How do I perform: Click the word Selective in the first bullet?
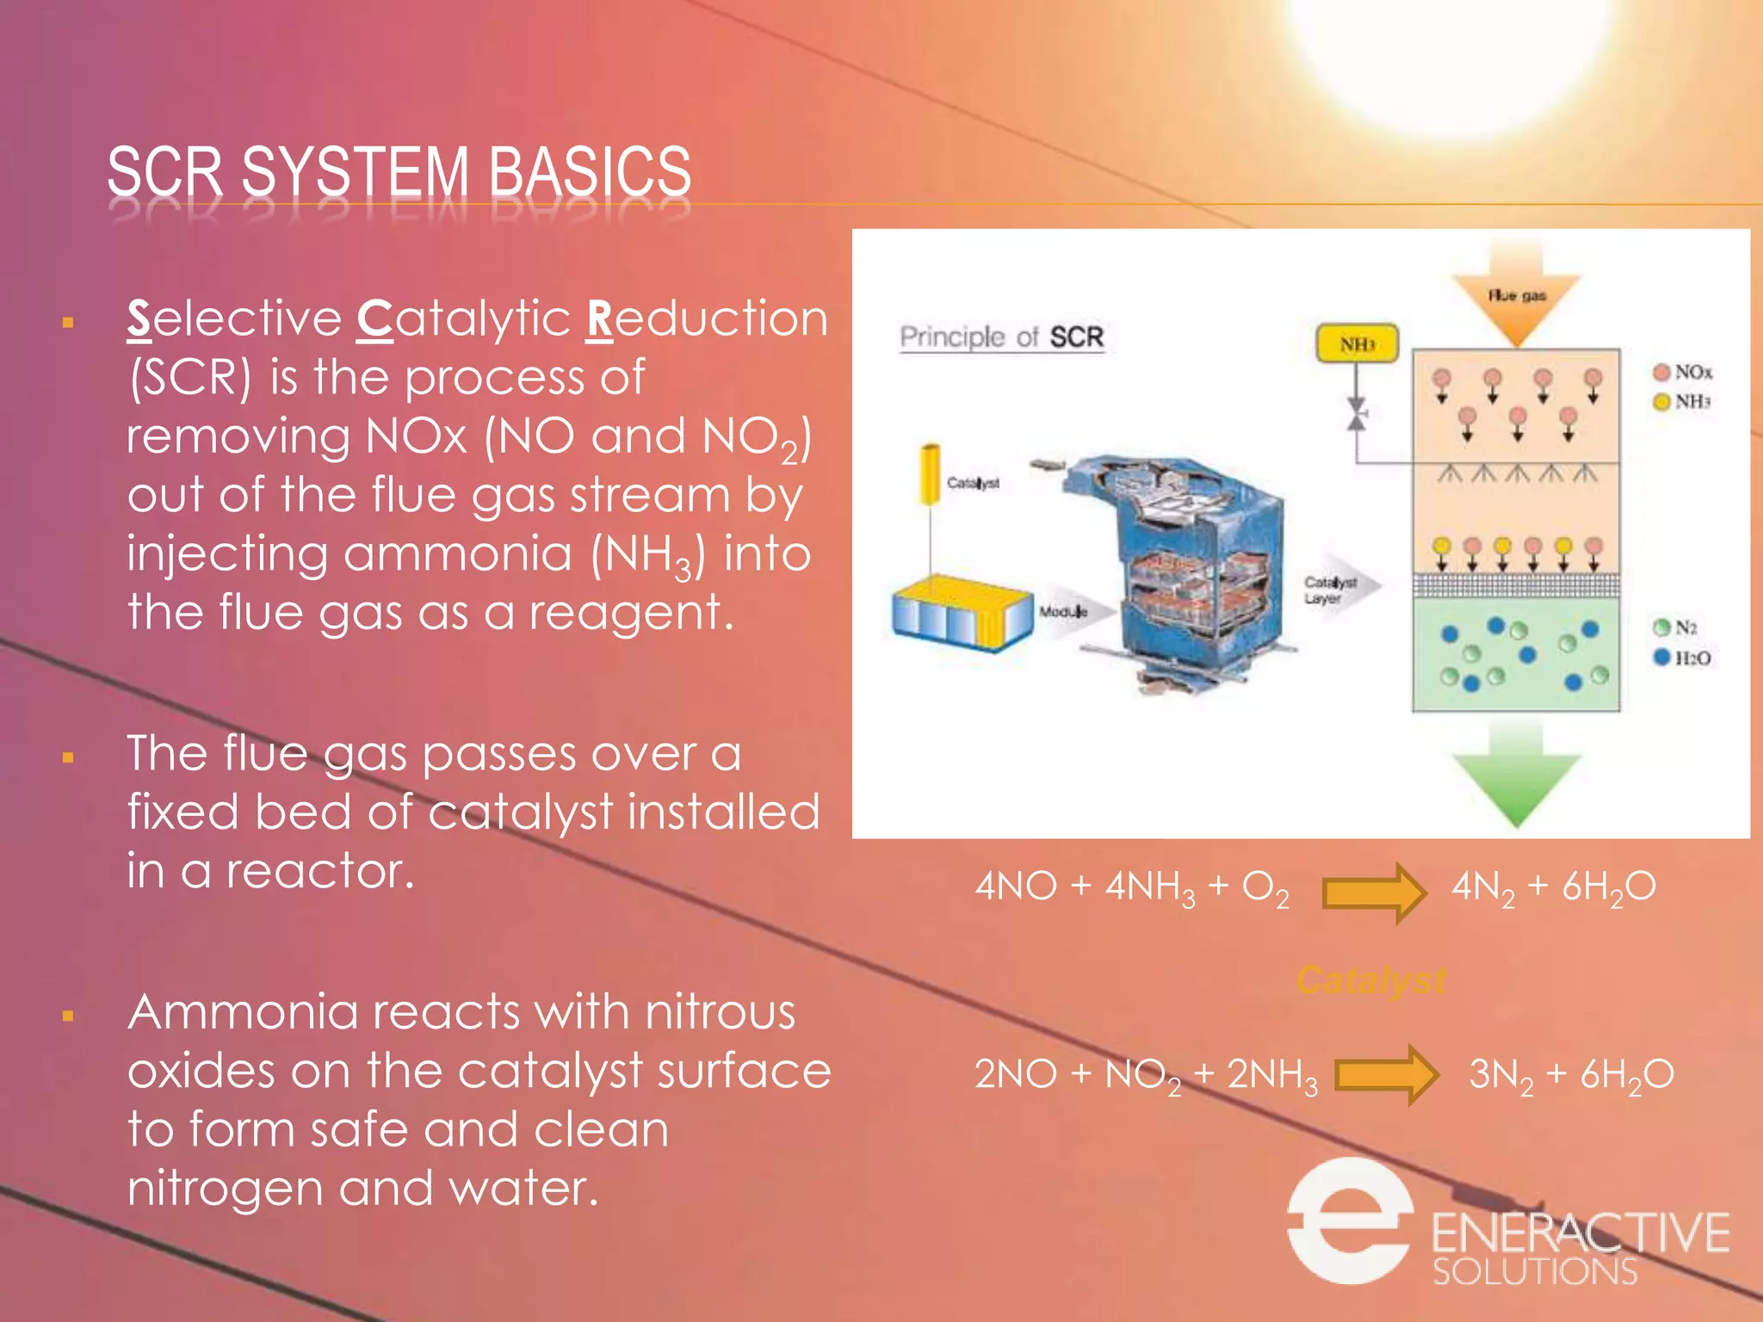(234, 319)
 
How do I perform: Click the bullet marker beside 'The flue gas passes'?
(68, 758)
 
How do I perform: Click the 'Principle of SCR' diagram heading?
(1001, 337)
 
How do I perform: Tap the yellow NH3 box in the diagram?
(1357, 344)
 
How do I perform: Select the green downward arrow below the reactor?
(1516, 775)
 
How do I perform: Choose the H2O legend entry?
(1682, 658)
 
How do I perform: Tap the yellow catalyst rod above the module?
(930, 473)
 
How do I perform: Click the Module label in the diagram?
(1062, 612)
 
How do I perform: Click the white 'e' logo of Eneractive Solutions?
(1349, 1220)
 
